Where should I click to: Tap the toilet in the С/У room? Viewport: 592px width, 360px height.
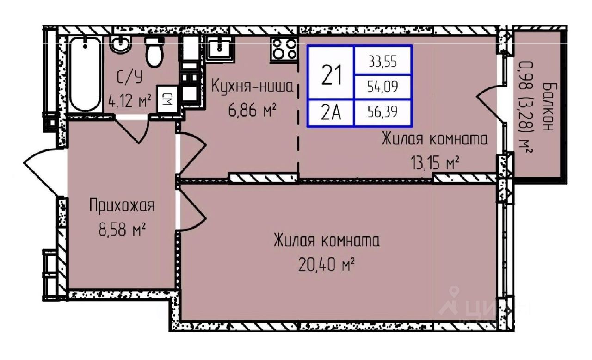tap(154, 52)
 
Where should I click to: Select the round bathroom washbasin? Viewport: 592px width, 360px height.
tap(121, 45)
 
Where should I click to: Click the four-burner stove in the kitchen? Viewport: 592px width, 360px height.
tap(284, 48)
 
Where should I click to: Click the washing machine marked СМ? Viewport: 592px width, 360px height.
tap(166, 98)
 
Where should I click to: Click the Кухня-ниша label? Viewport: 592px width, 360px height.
tap(253, 87)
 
